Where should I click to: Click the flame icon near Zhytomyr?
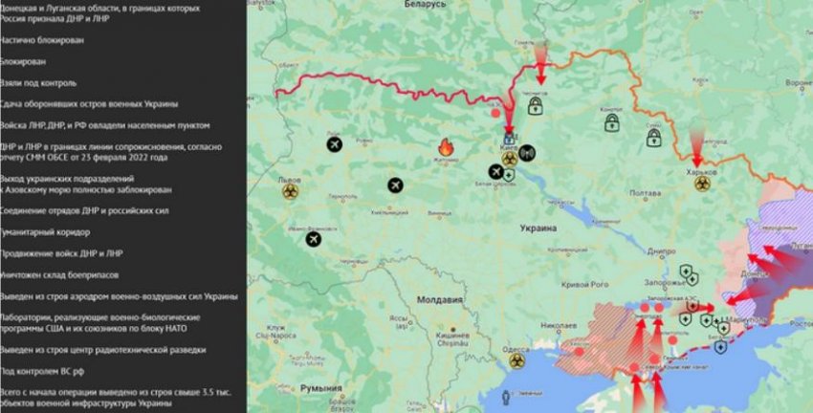click(x=445, y=147)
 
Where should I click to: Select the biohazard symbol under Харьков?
click(x=702, y=183)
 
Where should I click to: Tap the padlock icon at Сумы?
click(x=654, y=139)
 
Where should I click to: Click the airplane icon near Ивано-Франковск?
click(x=313, y=240)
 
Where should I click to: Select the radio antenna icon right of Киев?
click(x=528, y=152)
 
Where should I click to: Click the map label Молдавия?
click(x=444, y=300)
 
